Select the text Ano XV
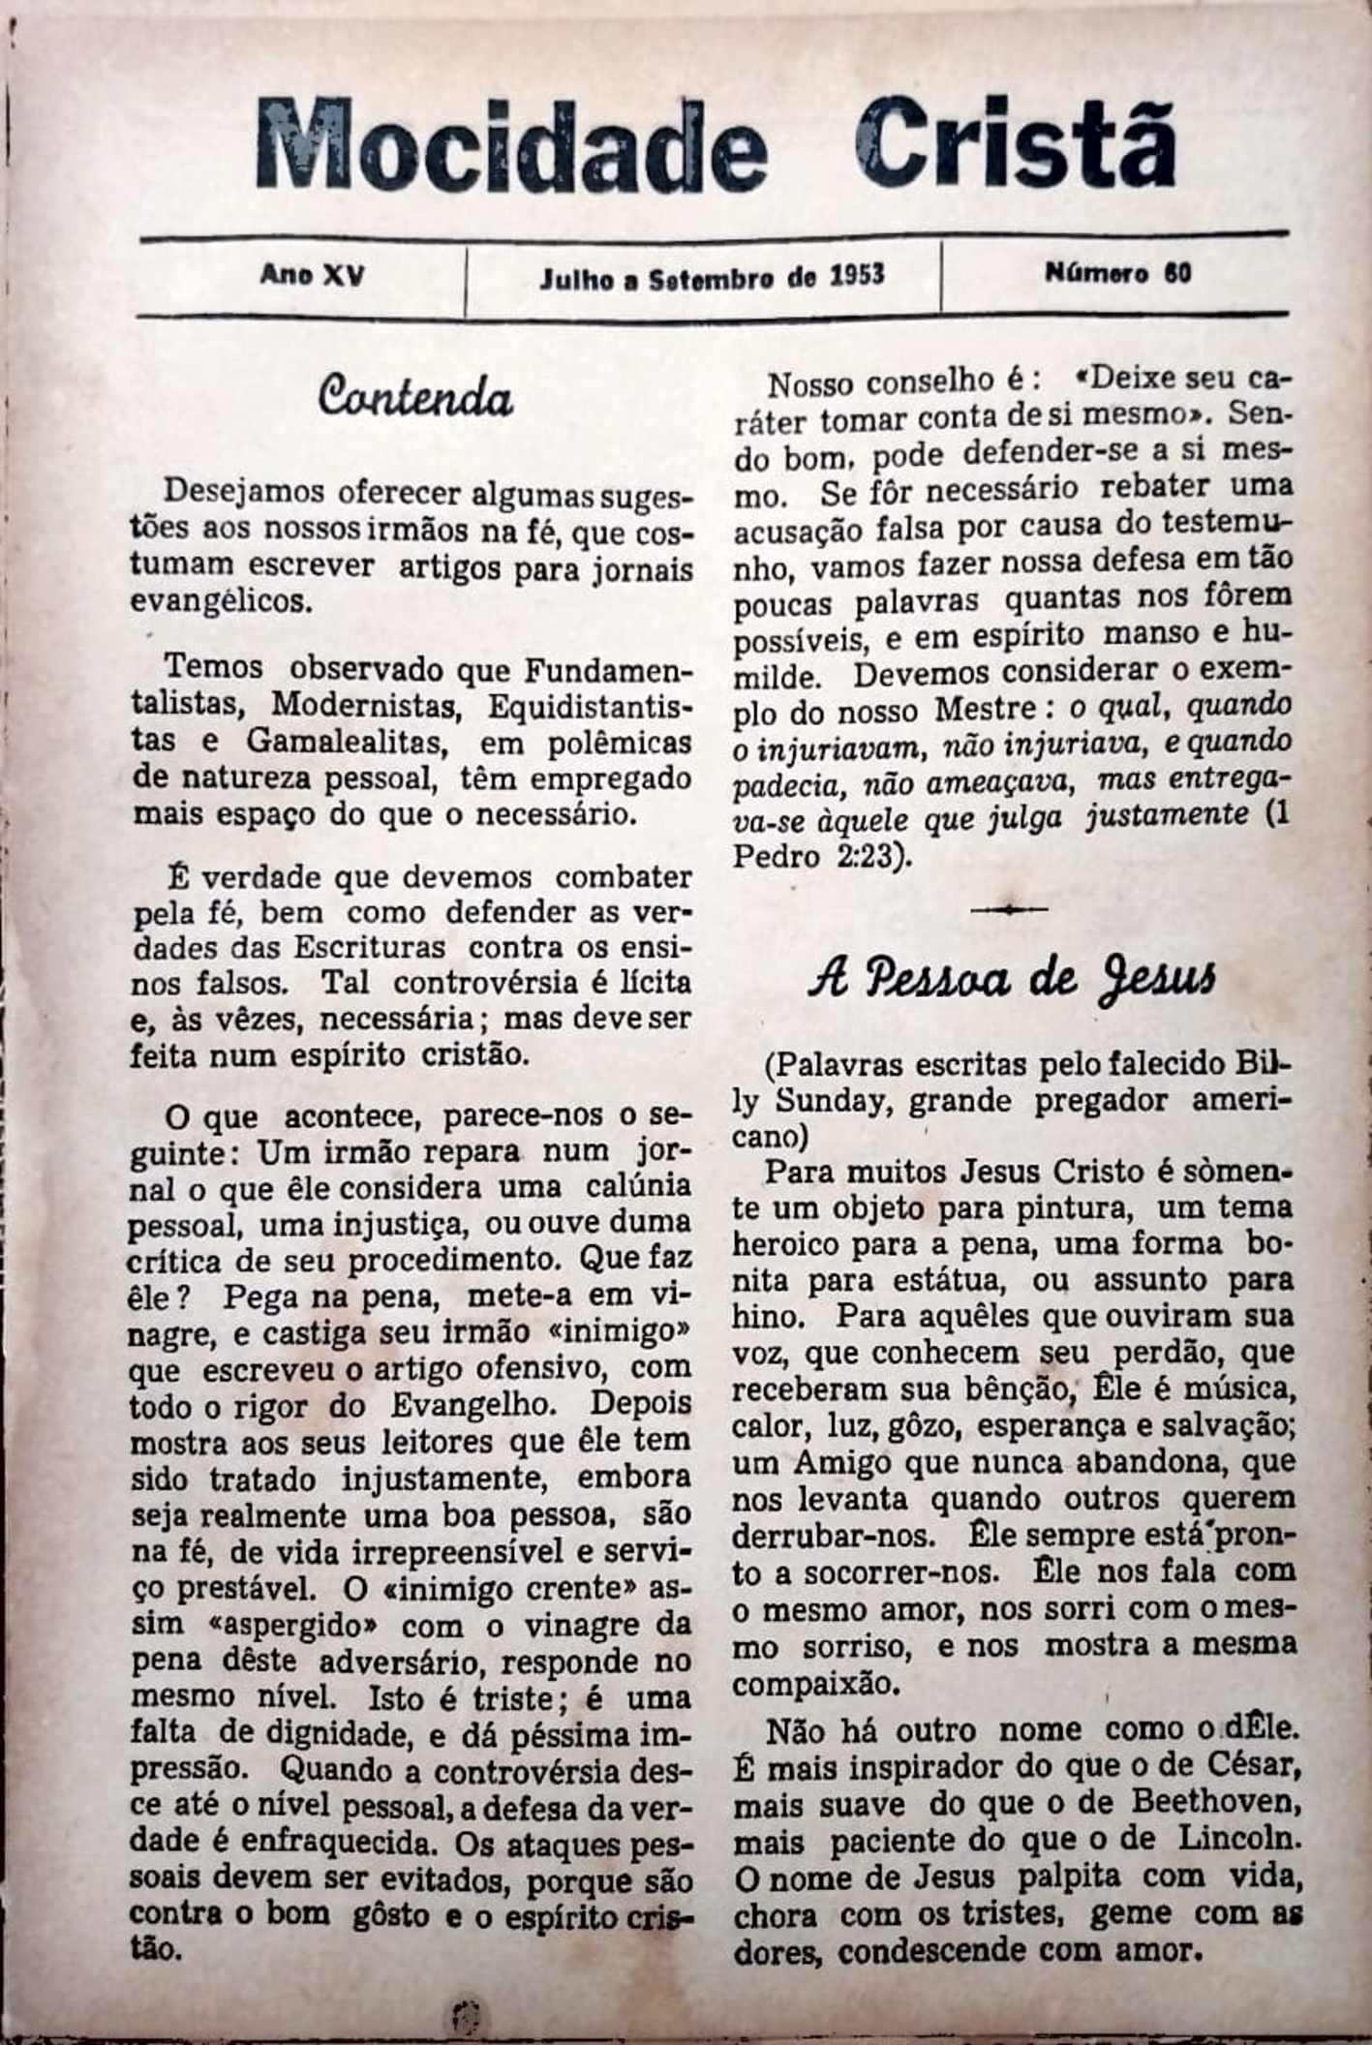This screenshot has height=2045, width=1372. click(x=312, y=276)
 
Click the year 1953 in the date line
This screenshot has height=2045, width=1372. click(x=857, y=276)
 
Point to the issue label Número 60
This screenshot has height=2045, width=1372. click(x=1117, y=274)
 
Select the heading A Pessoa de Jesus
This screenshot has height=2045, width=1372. click(x=1012, y=980)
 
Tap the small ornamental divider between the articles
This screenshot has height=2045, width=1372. click(x=1009, y=909)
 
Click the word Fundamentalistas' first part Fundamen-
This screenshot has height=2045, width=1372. click(x=608, y=669)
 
